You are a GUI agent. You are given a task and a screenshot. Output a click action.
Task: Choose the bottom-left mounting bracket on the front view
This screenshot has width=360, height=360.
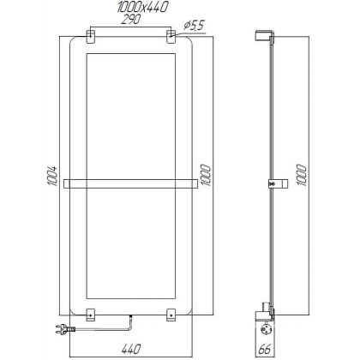[90, 312]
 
